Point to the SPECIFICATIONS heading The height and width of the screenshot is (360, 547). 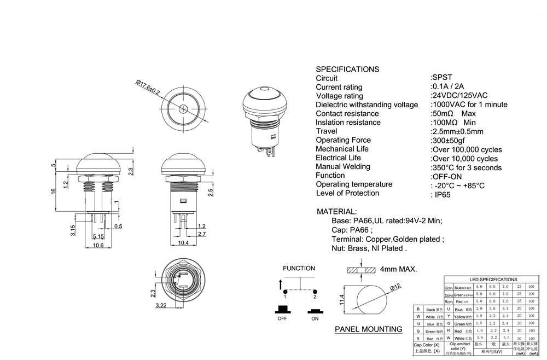pos(347,69)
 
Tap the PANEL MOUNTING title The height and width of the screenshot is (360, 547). pos(368,329)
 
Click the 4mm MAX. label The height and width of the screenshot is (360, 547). pos(399,269)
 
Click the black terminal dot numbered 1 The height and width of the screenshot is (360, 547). pos(284,290)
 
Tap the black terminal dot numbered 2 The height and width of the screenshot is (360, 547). pos(315,290)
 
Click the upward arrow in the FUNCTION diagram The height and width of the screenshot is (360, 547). pos(281,284)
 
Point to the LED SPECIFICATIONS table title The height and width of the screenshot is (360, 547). pos(493,280)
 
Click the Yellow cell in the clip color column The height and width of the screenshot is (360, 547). pos(458,316)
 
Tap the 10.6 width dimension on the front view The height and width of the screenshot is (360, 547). pos(98,246)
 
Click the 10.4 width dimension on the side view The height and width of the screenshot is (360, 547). pos(183,242)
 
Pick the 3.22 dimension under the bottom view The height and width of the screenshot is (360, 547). pos(161,305)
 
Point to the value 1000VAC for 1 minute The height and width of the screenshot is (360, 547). pos(470,104)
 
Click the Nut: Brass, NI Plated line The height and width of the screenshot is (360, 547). pos(370,248)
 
